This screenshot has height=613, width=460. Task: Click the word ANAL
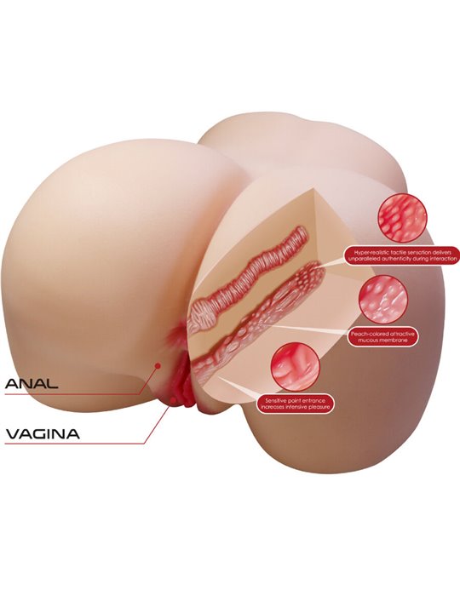click(x=32, y=383)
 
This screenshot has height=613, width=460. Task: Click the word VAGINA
click(x=43, y=433)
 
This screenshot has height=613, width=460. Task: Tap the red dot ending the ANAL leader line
click(x=158, y=365)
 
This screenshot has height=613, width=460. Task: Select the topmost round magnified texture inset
click(x=402, y=217)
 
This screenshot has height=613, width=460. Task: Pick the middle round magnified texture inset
click(x=383, y=299)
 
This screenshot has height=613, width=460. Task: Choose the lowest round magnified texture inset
click(x=296, y=367)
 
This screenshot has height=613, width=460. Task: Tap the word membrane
click(x=394, y=341)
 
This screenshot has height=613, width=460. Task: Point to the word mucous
click(x=369, y=341)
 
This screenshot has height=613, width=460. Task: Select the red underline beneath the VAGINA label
click(x=75, y=444)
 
